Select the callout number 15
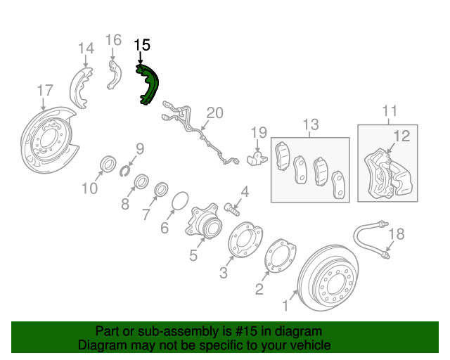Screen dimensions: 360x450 click(142, 45)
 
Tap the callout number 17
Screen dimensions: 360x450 click(44, 90)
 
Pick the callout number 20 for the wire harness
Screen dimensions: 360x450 click(214, 112)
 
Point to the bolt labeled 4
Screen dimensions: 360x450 click(233, 207)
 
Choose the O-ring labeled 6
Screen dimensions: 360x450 click(179, 202)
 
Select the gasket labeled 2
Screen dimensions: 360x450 click(279, 259)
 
